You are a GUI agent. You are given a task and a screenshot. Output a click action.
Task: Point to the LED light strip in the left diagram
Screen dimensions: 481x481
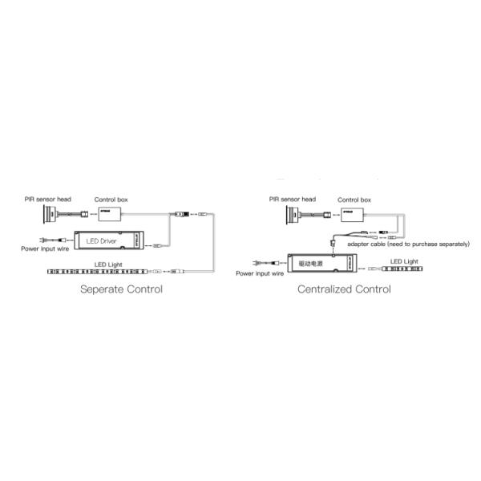(x=104, y=273)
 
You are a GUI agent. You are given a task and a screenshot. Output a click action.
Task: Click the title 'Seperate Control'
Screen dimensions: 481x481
(x=121, y=289)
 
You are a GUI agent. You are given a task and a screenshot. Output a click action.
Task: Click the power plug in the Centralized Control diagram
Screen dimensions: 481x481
(x=257, y=263)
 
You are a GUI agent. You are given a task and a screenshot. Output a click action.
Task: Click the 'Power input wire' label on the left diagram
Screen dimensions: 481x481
(x=46, y=249)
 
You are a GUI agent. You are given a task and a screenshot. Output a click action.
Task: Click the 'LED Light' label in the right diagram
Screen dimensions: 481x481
(x=404, y=261)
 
